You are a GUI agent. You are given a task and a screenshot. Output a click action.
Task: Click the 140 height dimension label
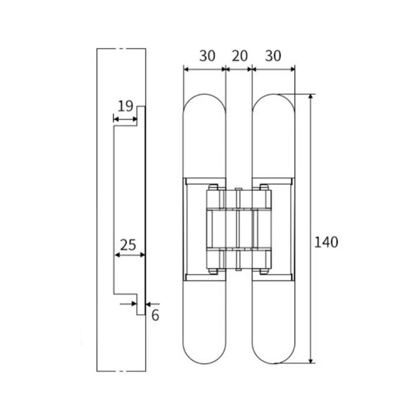pyautogui.click(x=326, y=241)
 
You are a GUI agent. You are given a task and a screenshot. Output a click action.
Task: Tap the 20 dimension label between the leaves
pyautogui.click(x=239, y=56)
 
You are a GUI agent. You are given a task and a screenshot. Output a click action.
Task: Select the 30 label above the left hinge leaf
pyautogui.click(x=207, y=56)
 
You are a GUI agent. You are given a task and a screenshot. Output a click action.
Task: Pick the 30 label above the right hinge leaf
pyautogui.click(x=273, y=56)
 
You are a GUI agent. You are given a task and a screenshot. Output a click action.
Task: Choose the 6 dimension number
pyautogui.click(x=155, y=315)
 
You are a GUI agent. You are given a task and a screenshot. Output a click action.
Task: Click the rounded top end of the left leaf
pyautogui.click(x=204, y=105)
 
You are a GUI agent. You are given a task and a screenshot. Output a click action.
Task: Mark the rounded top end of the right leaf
pyautogui.click(x=273, y=105)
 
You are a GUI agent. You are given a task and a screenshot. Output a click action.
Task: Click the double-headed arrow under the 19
pyautogui.click(x=125, y=120)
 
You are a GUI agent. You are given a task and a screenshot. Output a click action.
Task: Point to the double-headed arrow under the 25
pyautogui.click(x=129, y=255)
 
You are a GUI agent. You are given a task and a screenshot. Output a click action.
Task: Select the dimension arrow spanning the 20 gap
pyautogui.click(x=239, y=69)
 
